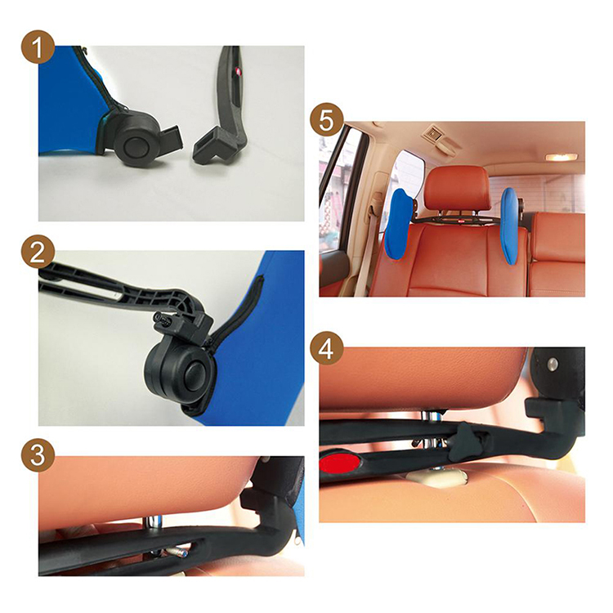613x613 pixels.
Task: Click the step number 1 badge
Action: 38,47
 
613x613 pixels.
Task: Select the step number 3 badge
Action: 38,456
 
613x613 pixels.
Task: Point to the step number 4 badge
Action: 327,348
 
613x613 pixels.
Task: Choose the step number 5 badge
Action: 327,120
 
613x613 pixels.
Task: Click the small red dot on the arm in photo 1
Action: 235,71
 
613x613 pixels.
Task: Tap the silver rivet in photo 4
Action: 552,365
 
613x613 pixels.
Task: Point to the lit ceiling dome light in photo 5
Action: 561,157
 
